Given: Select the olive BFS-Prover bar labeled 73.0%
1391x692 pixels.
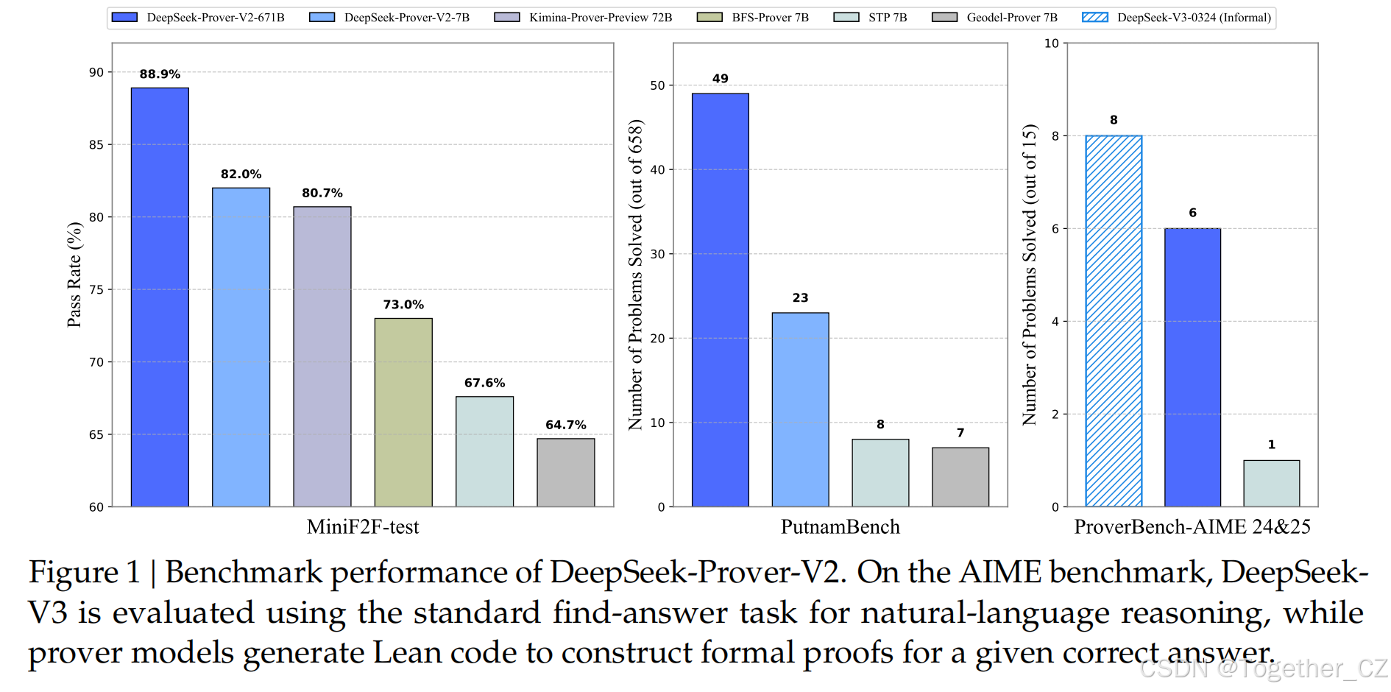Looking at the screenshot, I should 403,412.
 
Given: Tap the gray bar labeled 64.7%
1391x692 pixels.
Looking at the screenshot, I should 565,473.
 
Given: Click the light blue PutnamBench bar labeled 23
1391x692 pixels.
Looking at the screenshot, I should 800,409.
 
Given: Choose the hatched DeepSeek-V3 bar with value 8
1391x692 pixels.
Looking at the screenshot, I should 1114,321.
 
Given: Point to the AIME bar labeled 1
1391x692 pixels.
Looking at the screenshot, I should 1271,483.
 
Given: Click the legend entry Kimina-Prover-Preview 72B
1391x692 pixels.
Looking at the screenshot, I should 600,17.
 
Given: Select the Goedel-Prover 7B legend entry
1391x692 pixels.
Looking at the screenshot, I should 1011,17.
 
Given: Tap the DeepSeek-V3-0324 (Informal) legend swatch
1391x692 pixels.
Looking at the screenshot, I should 1095,17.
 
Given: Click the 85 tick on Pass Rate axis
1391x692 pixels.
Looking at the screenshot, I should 96,145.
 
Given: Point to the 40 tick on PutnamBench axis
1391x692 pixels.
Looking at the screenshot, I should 657,170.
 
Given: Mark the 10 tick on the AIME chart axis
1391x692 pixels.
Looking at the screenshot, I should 1051,43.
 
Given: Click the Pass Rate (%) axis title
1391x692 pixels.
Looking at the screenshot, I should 74,275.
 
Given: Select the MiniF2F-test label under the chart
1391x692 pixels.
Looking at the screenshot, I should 363,527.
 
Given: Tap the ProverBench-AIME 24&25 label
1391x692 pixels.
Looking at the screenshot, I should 1192,527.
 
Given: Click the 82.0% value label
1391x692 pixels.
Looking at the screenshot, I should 241,174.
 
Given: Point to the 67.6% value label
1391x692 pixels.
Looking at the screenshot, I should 484,383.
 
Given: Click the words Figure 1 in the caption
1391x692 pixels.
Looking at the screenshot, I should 84,573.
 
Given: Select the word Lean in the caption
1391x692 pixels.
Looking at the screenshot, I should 407,653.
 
